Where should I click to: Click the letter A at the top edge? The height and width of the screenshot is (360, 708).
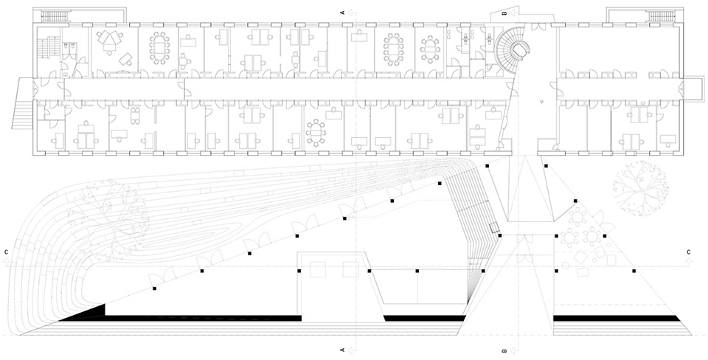coord(343,13)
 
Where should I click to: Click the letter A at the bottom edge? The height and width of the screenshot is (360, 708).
coord(343,350)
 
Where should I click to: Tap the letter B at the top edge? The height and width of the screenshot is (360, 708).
coord(504,13)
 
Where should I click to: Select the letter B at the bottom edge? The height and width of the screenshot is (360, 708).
coord(504,350)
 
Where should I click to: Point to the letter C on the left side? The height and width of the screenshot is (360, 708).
coord(7,252)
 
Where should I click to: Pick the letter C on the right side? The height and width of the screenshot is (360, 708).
coord(688,252)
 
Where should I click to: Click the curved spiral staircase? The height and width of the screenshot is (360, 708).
coord(512,49)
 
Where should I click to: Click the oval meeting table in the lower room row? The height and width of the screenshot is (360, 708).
coord(316,132)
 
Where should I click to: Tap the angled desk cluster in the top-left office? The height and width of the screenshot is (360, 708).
coord(109,40)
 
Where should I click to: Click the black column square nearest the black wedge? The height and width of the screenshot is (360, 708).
coord(154,288)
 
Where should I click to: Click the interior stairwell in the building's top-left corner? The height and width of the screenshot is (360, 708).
coord(45,52)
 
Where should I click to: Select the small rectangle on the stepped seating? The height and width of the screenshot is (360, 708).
coord(495,228)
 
